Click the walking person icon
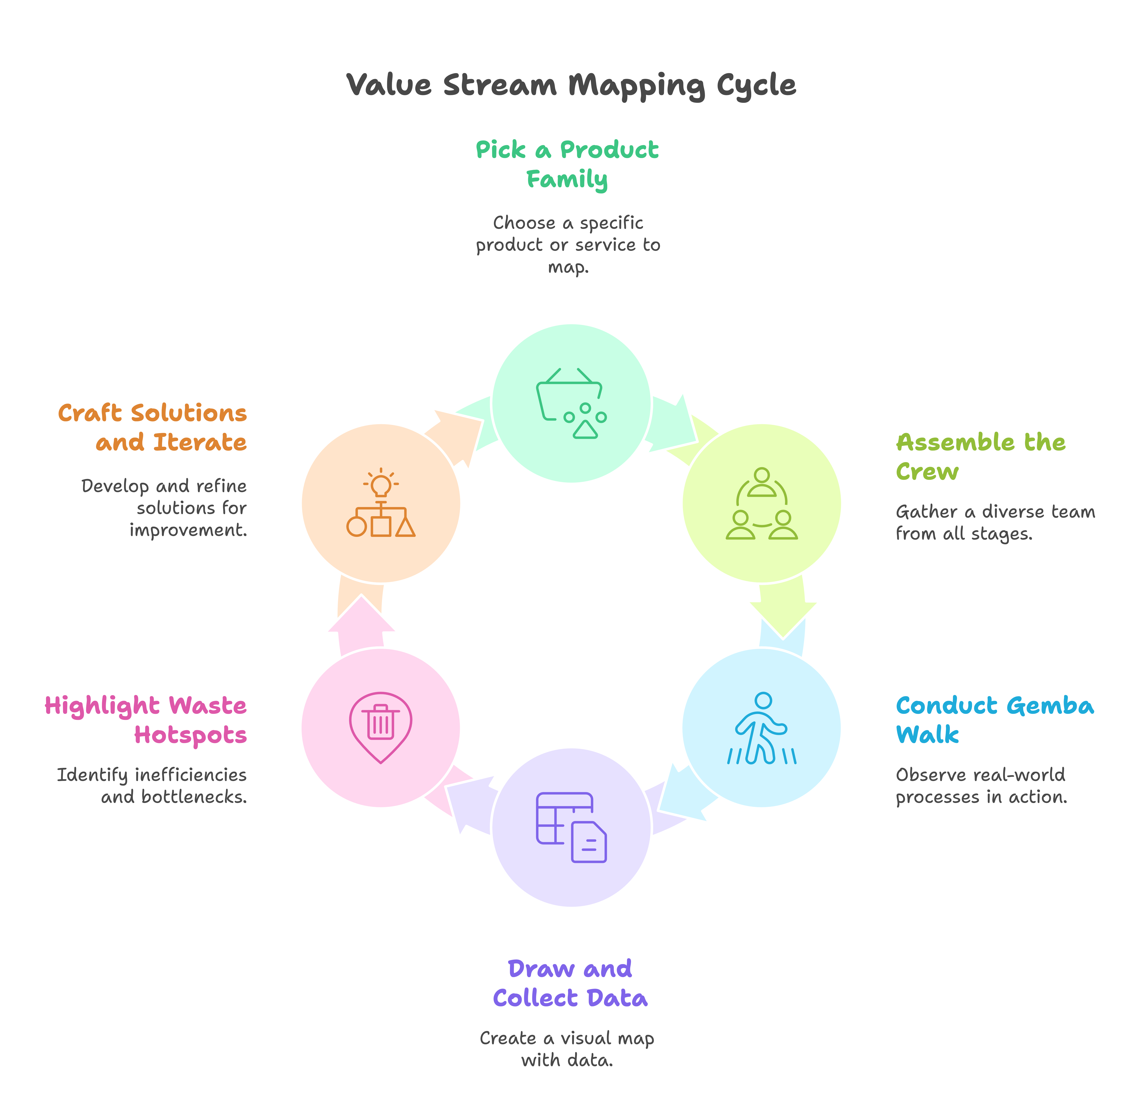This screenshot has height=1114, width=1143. pos(762,728)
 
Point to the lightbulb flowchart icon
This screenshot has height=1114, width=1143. pos(381,503)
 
